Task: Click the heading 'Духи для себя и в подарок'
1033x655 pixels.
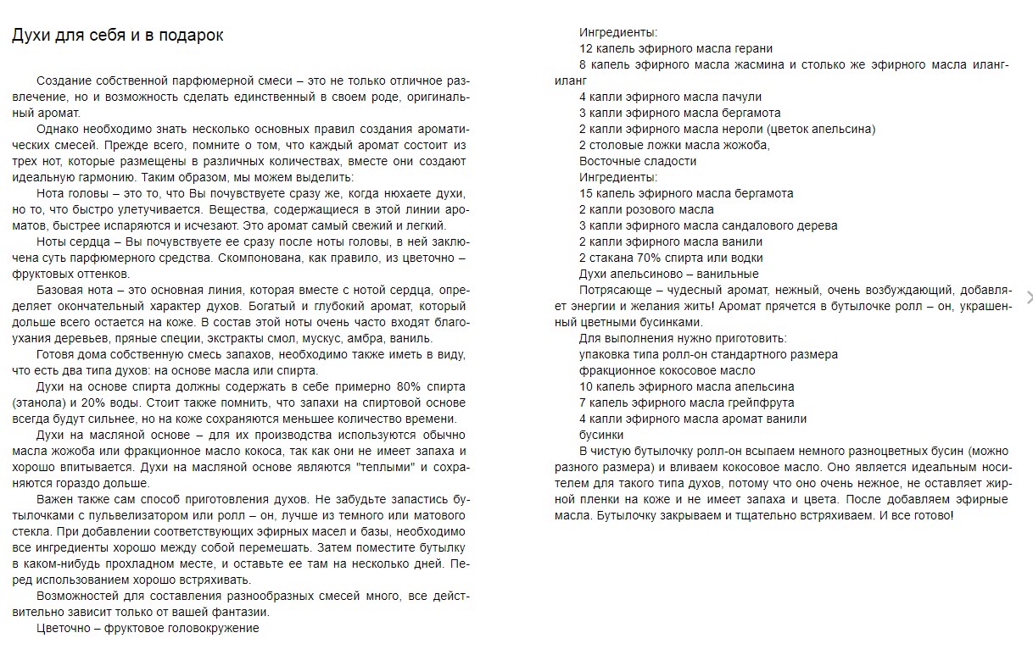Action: pyautogui.click(x=118, y=36)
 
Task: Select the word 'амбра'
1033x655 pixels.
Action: pyautogui.click(x=361, y=338)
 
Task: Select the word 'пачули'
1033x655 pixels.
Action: pyautogui.click(x=743, y=97)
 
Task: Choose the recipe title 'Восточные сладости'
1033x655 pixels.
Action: pyautogui.click(x=638, y=161)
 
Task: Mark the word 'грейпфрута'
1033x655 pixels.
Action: pyautogui.click(x=760, y=402)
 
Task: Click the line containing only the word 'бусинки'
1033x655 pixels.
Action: pyautogui.click(x=601, y=435)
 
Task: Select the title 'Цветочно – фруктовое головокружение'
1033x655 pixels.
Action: pyautogui.click(x=148, y=628)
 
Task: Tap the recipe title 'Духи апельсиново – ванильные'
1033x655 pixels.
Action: pyautogui.click(x=669, y=274)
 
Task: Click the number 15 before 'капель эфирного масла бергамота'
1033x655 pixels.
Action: pyautogui.click(x=586, y=193)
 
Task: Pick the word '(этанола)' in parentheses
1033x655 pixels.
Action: pyautogui.click(x=39, y=402)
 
